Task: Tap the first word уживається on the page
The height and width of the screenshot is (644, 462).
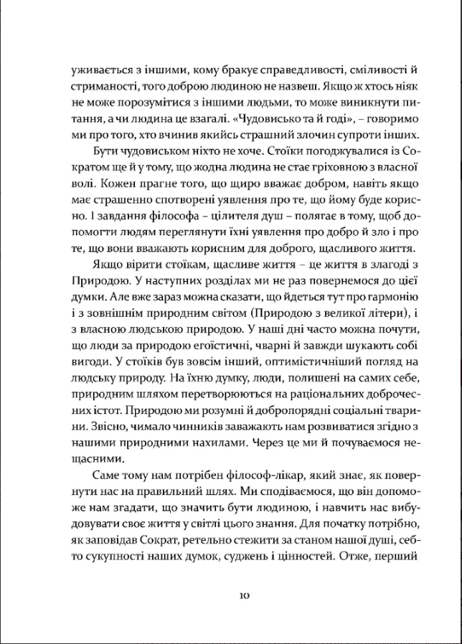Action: [x=98, y=70]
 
